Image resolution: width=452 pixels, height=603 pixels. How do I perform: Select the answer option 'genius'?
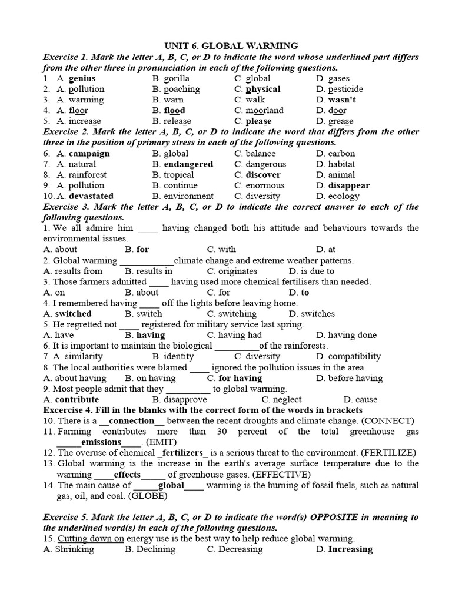click(82, 78)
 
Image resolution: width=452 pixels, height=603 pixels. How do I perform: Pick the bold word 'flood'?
click(174, 110)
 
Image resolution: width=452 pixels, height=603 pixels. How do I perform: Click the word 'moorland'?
click(264, 110)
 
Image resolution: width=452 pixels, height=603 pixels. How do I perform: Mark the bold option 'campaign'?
click(89, 154)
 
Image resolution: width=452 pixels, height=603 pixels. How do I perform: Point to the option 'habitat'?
click(341, 164)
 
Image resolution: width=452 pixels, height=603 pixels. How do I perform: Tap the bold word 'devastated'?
click(91, 196)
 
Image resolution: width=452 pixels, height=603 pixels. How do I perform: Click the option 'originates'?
click(238, 271)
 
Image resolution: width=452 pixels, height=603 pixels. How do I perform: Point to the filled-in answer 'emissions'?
click(101, 442)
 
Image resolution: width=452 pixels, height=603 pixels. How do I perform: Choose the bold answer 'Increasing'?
click(350, 549)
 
